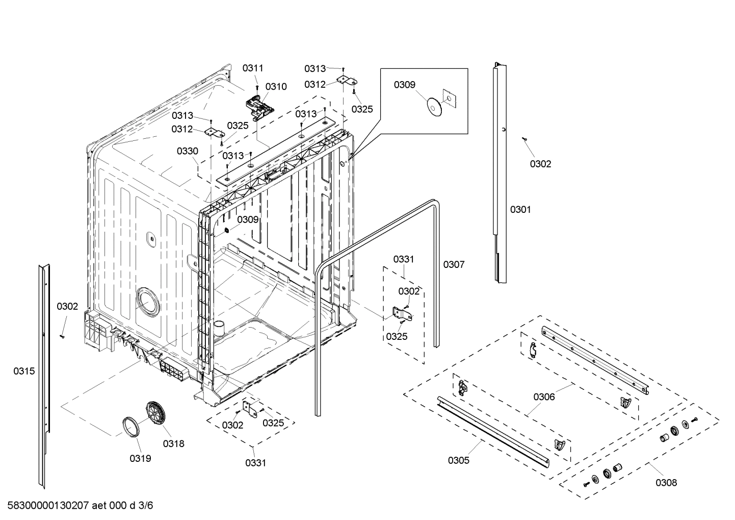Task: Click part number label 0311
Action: [253, 68]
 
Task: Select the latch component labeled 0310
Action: [260, 106]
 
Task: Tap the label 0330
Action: [188, 151]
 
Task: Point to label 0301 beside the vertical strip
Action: [520, 209]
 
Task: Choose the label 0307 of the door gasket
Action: [454, 264]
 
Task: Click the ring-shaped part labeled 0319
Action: [132, 427]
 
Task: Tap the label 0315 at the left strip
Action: [24, 371]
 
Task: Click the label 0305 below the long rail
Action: [459, 461]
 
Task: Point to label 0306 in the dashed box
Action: [544, 397]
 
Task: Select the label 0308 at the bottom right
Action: [666, 482]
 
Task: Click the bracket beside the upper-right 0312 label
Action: [348, 81]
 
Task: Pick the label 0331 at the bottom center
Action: [255, 463]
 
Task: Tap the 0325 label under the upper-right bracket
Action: [362, 109]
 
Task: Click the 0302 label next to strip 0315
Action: [67, 306]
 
